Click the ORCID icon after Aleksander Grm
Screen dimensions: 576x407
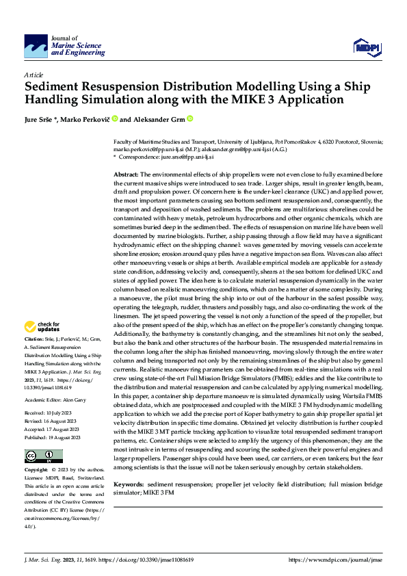189,118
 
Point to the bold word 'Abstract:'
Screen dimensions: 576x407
126,175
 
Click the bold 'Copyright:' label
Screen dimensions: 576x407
36,470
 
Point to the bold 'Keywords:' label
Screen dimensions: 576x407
128,483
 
